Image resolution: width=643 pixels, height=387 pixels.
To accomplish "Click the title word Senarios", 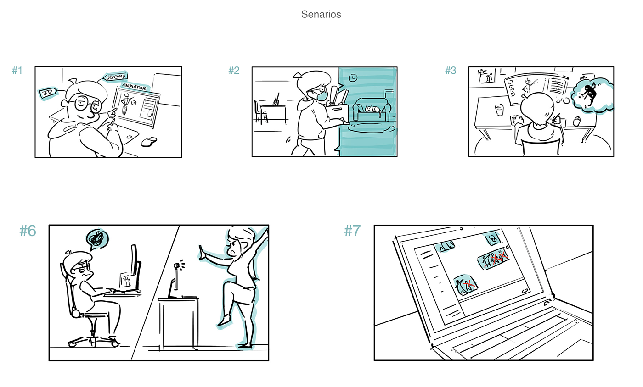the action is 321,14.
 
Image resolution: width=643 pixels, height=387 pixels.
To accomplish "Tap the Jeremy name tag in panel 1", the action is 115,77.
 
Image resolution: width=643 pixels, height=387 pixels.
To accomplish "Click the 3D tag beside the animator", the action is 48,93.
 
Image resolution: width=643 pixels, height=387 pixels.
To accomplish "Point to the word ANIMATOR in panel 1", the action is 134,86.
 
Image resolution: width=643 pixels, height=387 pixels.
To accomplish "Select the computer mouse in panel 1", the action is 149,141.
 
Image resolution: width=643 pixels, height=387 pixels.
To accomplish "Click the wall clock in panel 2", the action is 353,77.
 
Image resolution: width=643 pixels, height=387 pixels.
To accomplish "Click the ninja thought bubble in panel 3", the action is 592,95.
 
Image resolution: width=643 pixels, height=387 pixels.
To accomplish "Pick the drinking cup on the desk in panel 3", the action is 500,110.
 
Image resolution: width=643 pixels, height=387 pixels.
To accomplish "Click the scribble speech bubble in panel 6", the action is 97,239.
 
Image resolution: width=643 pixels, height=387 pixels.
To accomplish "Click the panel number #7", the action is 352,231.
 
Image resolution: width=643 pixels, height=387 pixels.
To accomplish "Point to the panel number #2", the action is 234,71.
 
